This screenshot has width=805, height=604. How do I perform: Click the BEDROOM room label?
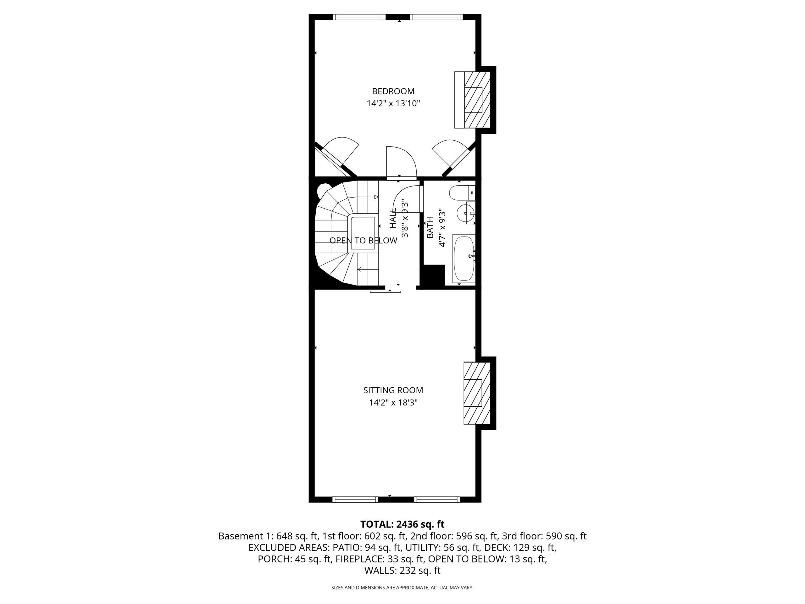[x=393, y=91]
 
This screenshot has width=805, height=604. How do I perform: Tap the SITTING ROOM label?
[x=393, y=390]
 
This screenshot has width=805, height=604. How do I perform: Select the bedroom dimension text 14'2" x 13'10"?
[x=393, y=104]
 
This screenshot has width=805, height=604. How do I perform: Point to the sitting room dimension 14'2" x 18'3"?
[x=393, y=403]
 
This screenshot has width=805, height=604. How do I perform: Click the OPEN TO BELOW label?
[x=363, y=241]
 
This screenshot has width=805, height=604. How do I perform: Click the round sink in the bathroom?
[x=465, y=213]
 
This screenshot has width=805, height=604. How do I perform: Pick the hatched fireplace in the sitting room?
[x=477, y=393]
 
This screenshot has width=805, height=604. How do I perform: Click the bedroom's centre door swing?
[x=402, y=162]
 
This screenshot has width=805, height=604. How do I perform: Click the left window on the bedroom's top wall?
[x=359, y=17]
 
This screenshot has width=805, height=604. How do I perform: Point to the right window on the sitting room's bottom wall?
[x=437, y=500]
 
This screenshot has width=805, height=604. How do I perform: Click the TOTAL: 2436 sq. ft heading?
[x=402, y=524]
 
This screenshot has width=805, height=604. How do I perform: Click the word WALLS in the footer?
[x=380, y=571]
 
